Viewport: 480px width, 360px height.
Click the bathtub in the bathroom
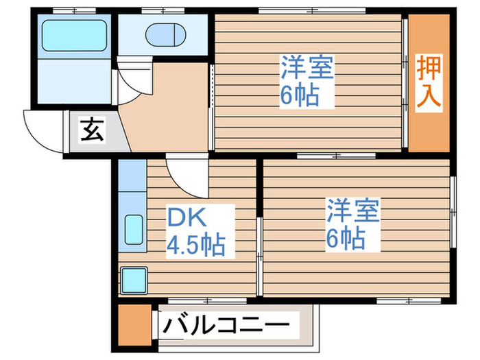[73, 34]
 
